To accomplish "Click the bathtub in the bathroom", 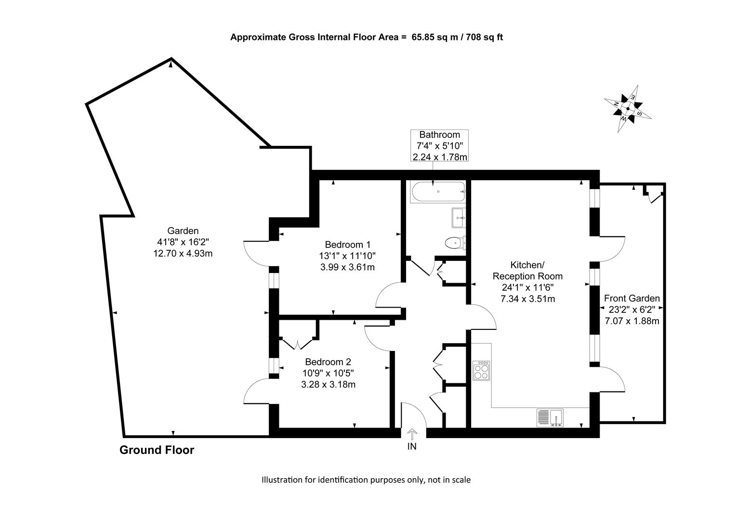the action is tap(438, 192).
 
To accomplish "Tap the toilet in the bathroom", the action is tap(455, 243).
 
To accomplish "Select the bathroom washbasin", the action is tap(458, 218).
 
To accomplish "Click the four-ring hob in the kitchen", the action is tap(481, 371).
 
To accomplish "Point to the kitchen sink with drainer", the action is tap(550, 417).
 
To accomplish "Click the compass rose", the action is tap(628, 109).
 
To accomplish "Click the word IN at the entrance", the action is tap(412, 446).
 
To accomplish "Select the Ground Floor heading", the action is tap(157, 450).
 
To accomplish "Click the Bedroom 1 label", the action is tap(348, 245).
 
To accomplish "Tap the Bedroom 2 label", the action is tap(328, 362).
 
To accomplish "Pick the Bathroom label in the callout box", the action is tap(439, 135).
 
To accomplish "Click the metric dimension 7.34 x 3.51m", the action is tap(528, 299).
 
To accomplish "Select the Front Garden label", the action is tap(632, 298).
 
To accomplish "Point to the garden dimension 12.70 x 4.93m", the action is tap(183, 254).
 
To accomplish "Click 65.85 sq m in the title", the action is tap(434, 37).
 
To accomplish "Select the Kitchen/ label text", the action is tap(527, 265).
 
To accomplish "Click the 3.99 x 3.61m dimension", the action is tap(348, 267).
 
